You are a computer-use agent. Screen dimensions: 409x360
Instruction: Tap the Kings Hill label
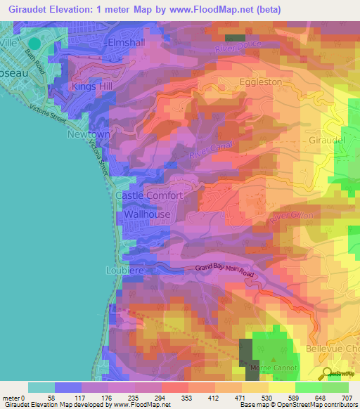tap(92, 86)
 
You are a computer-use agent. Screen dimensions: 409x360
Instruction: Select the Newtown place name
tap(89, 134)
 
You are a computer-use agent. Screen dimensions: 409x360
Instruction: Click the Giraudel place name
tap(327, 140)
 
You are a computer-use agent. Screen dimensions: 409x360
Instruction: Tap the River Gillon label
tap(289, 219)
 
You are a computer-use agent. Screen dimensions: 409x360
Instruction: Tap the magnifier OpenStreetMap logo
tap(328, 374)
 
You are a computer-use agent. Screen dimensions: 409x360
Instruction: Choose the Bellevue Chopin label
tap(333, 349)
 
